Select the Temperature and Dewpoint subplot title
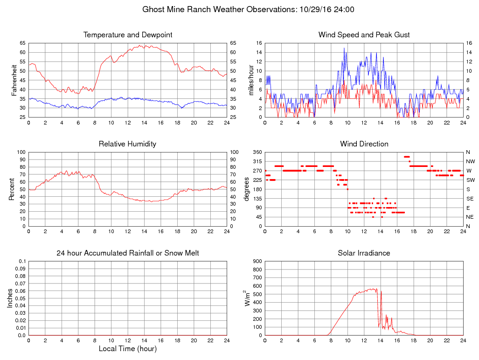click(x=128, y=35)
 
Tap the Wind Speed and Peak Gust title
click(x=364, y=35)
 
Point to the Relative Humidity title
click(x=128, y=144)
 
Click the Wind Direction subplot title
click(x=364, y=144)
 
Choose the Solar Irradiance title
click(x=364, y=253)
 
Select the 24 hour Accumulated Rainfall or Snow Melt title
click(x=128, y=253)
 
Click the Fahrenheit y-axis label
click(x=14, y=80)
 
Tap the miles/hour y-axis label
click(x=250, y=80)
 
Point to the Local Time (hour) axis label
click(x=128, y=349)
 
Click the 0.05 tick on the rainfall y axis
click(x=21, y=298)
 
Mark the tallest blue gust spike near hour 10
click(x=344, y=48)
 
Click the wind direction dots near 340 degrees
click(x=407, y=157)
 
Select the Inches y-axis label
click(x=10, y=298)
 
